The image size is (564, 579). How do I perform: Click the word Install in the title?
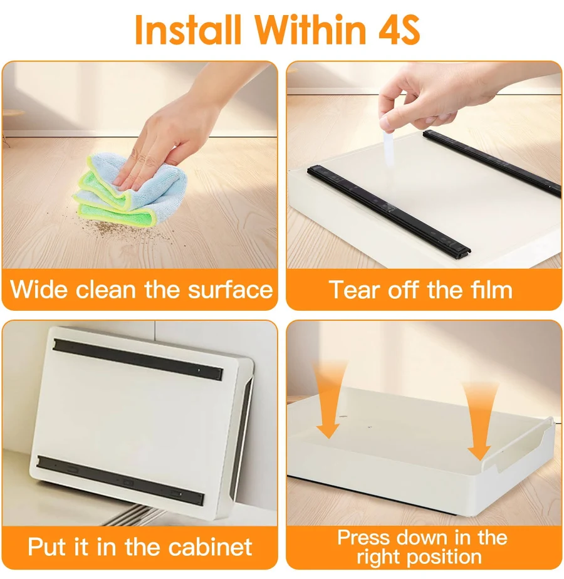pyautogui.click(x=189, y=29)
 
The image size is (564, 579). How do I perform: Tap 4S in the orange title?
pyautogui.click(x=399, y=29)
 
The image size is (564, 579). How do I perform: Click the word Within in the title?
pyautogui.click(x=311, y=29)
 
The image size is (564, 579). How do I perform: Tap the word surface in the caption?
pyautogui.click(x=231, y=289)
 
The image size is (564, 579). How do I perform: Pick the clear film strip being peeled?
pyautogui.click(x=388, y=148)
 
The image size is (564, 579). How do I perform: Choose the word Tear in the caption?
pyautogui.click(x=355, y=289)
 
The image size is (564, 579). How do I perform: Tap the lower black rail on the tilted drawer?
pyautogui.click(x=120, y=481)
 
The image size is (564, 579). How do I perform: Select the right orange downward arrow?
pyautogui.click(x=479, y=421)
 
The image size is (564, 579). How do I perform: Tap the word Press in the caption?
pyautogui.click(x=363, y=538)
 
